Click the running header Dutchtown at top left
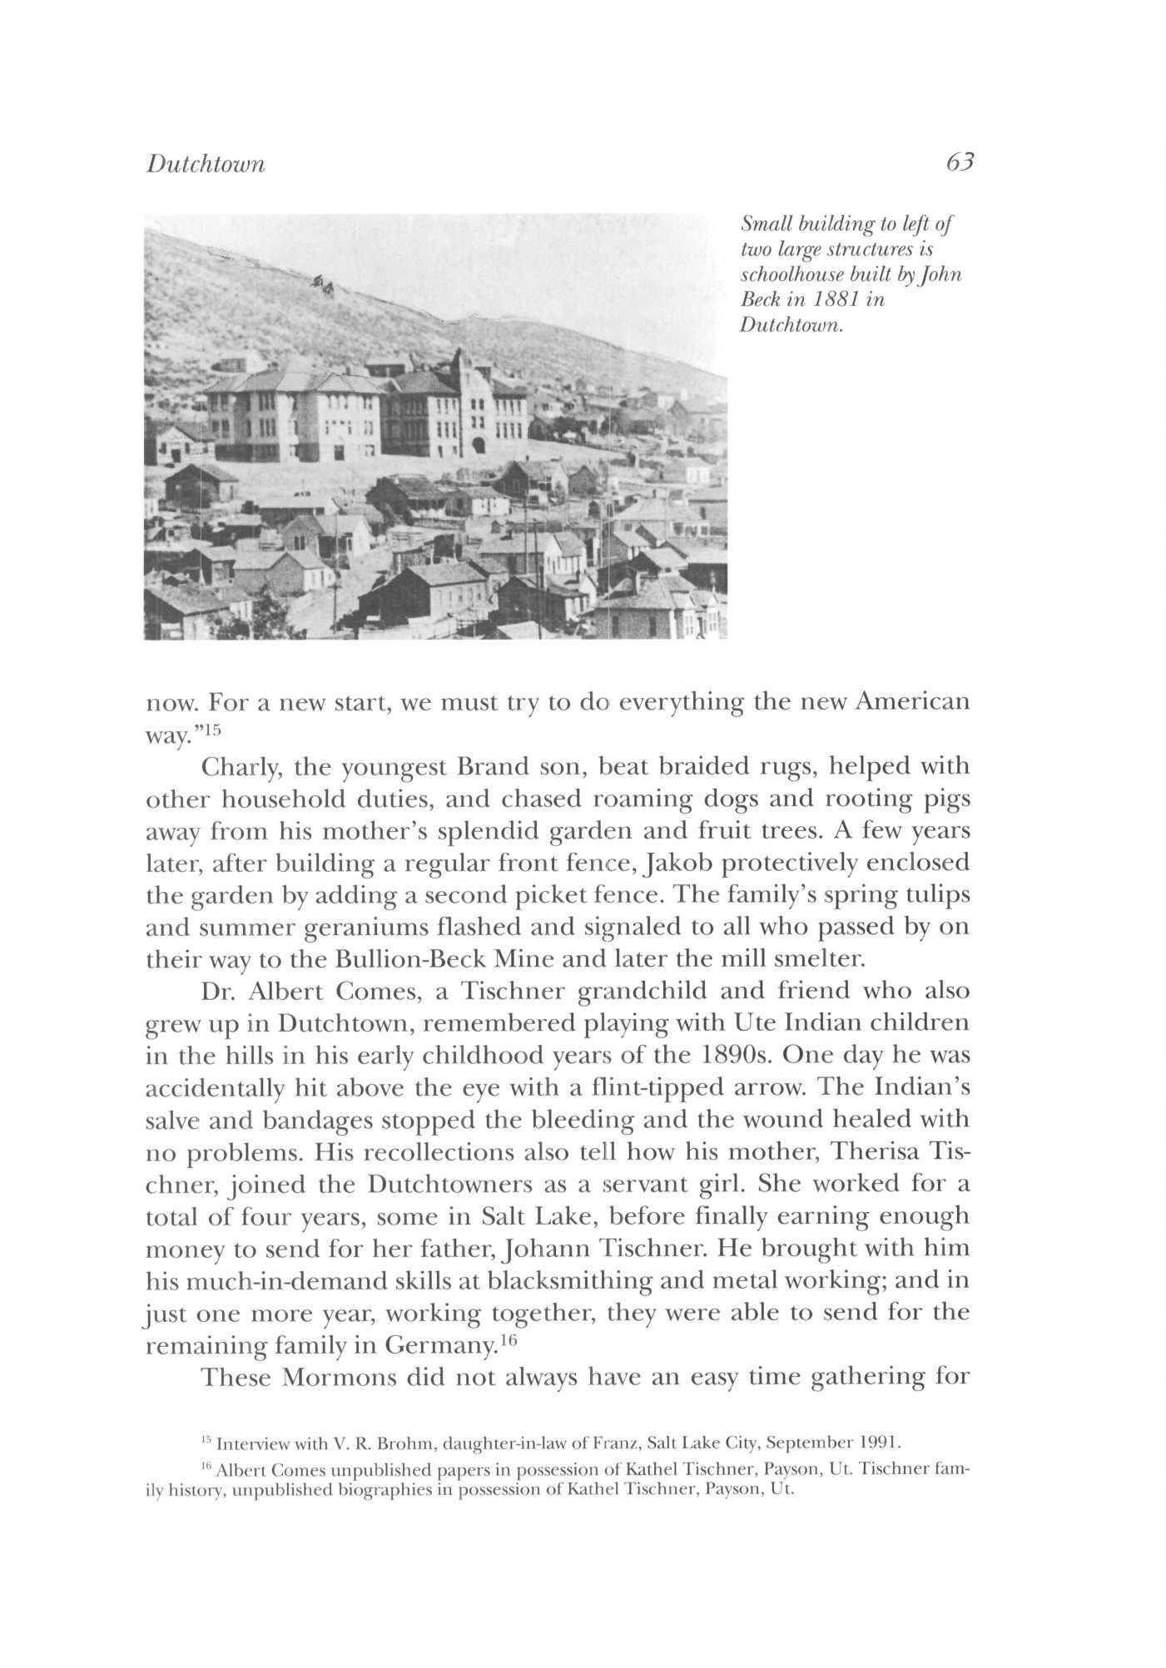pos(206,164)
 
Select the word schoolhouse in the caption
pos(793,275)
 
